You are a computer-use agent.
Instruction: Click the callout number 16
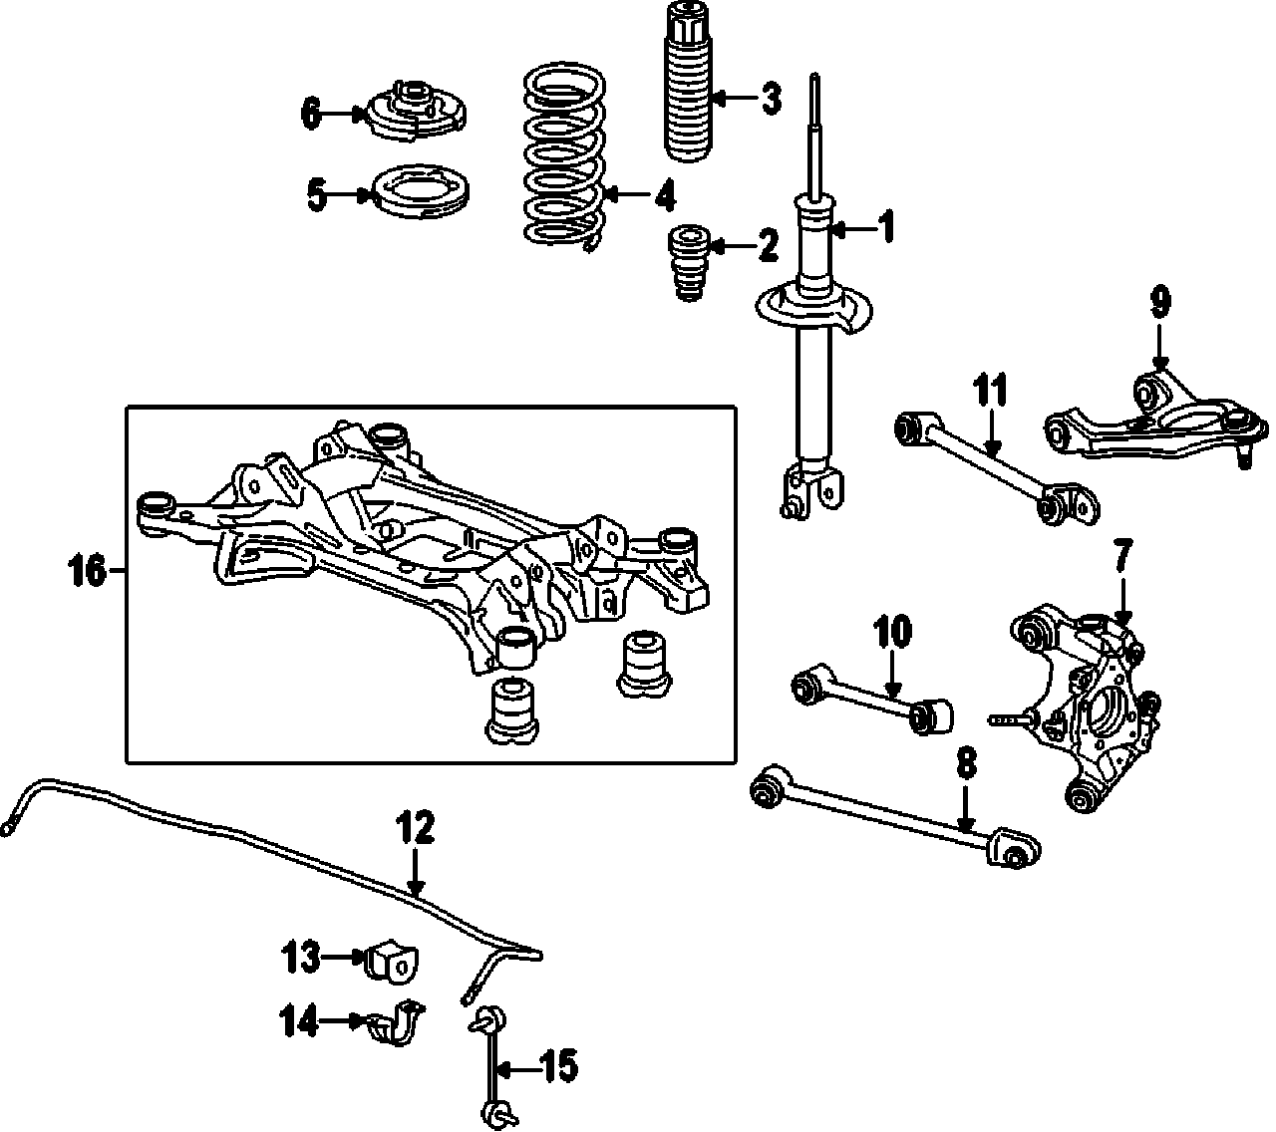(87, 572)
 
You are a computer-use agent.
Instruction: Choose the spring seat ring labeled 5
(419, 194)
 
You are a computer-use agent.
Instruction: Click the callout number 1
(885, 227)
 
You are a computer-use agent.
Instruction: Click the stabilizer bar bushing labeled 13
(393, 958)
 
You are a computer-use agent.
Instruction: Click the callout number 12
(416, 826)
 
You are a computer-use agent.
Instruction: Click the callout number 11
(990, 390)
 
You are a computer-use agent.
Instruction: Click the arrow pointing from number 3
(733, 98)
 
